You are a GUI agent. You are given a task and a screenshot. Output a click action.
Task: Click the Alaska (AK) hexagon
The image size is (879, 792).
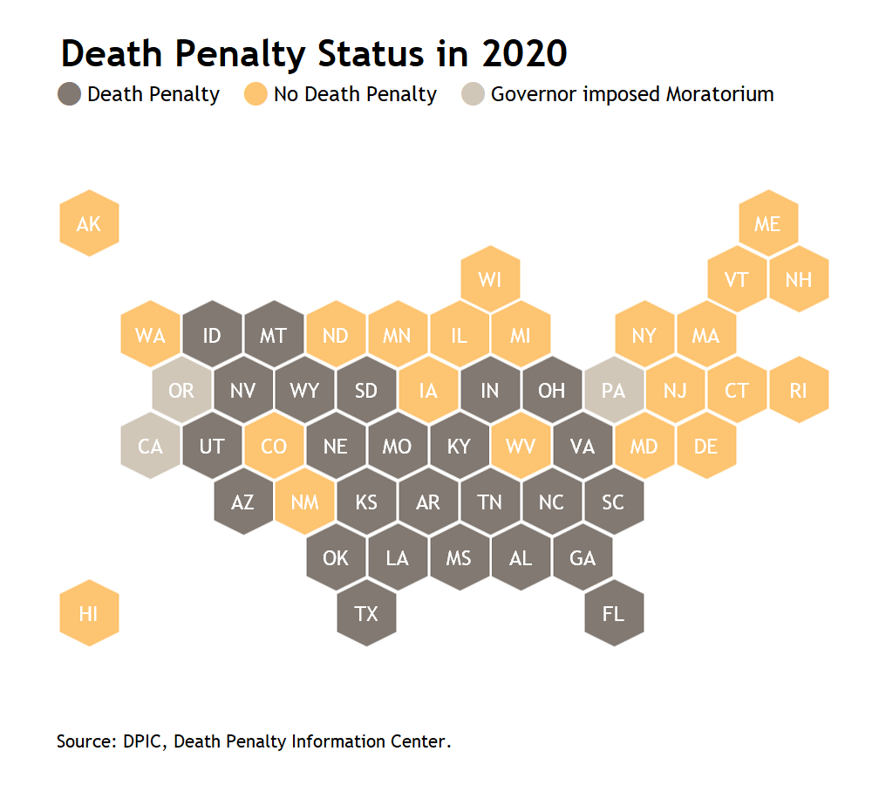[89, 223]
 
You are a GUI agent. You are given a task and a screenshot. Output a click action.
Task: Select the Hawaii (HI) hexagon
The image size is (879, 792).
[89, 613]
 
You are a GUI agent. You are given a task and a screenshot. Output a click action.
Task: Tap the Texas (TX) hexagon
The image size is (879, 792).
[367, 613]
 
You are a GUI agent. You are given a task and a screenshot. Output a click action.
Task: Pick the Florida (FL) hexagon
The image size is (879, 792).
[614, 613]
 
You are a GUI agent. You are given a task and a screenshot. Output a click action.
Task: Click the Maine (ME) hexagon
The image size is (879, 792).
[767, 223]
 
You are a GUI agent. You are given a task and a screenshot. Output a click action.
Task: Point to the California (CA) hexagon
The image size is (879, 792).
[151, 447]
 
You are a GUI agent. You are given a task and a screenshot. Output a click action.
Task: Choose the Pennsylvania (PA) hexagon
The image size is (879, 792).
[614, 391]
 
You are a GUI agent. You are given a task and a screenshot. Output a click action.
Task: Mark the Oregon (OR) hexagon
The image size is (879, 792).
[181, 391]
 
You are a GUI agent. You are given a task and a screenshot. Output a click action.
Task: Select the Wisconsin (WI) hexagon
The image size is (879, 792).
[490, 279]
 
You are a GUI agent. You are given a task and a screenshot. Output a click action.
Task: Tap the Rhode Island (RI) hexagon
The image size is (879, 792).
[799, 391]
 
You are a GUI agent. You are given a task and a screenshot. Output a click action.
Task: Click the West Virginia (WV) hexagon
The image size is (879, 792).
[521, 447]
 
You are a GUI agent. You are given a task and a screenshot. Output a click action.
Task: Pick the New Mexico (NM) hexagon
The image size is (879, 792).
[304, 502]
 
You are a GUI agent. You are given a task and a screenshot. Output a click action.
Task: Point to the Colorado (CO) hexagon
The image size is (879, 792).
[274, 447]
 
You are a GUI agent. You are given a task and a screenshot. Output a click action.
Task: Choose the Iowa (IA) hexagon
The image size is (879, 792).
[428, 391]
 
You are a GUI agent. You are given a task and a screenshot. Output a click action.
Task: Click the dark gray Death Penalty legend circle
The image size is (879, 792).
[70, 94]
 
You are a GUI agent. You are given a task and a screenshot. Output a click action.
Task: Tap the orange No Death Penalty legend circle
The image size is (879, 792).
[256, 94]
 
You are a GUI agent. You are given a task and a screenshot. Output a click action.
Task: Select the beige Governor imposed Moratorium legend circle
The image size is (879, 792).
[473, 94]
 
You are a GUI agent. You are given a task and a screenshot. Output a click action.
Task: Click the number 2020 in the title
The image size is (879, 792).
[522, 54]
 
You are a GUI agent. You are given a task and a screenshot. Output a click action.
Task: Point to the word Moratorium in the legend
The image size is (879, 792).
[719, 94]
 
